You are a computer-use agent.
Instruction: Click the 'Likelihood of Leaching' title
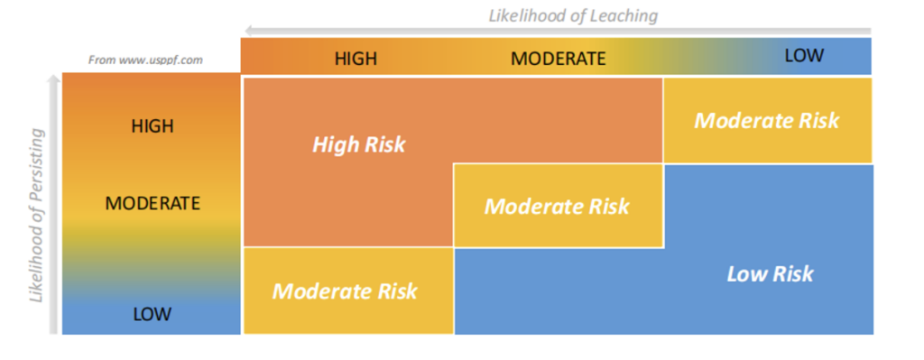573,15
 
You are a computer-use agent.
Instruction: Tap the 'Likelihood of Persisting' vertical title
37,216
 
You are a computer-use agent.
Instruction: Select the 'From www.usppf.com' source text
145,60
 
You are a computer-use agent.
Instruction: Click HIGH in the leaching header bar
356,59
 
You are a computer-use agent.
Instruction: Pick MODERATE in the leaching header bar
558,59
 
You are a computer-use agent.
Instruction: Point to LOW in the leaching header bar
804,55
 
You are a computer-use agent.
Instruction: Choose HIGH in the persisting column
152,126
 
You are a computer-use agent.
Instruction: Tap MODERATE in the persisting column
152,203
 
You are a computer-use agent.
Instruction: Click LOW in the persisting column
152,314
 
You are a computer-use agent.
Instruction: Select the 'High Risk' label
359,144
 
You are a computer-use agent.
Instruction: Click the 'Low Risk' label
771,273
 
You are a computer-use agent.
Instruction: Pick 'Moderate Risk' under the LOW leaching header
767,120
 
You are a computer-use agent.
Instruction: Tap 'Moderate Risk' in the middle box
557,207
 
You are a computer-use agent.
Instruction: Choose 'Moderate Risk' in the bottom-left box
345,291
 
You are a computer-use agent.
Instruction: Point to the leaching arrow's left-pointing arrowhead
250,31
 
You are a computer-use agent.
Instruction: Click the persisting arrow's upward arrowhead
54,80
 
